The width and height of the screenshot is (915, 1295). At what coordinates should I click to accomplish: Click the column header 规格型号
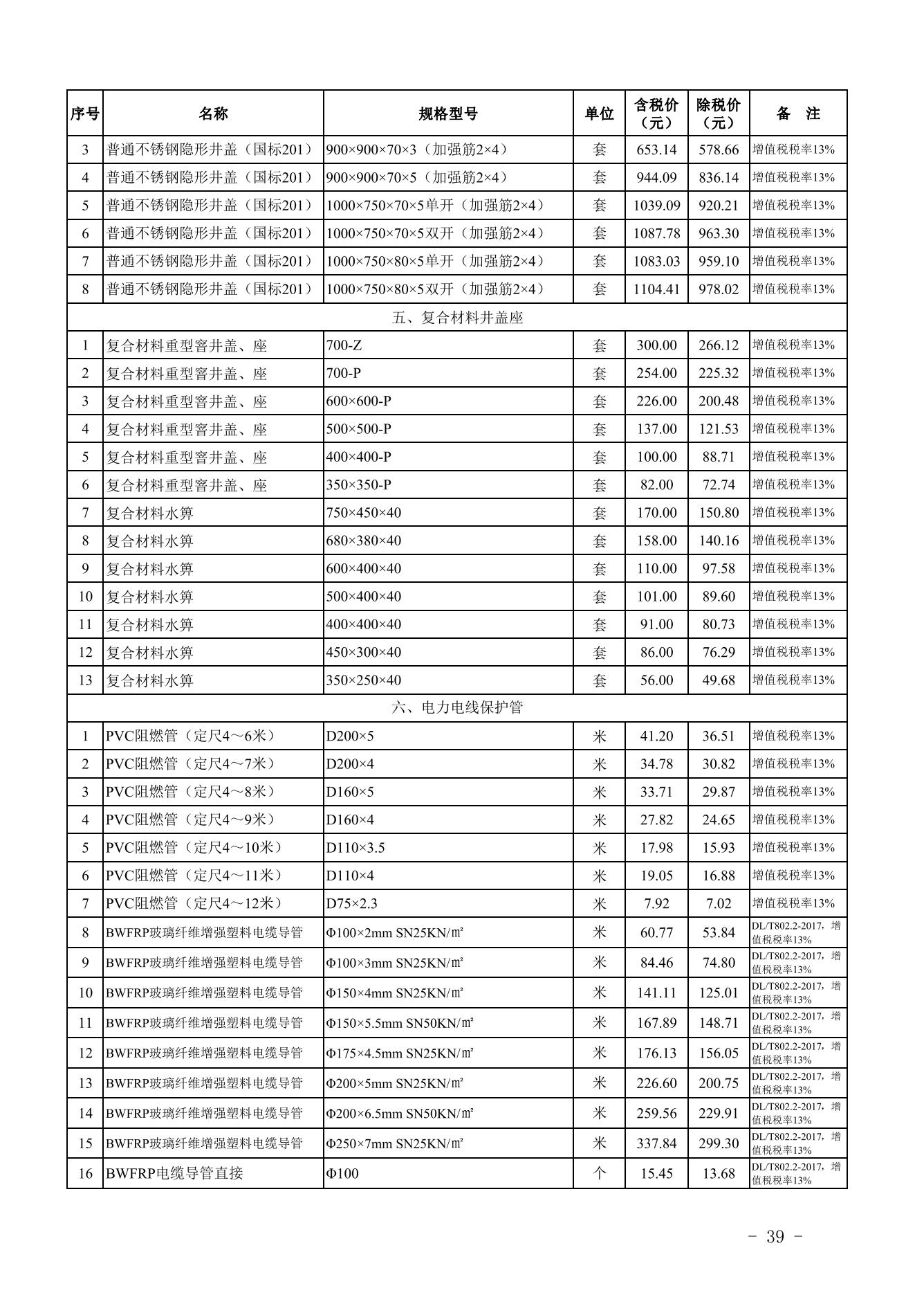coord(447,114)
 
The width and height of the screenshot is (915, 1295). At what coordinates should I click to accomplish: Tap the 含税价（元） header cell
coord(656,114)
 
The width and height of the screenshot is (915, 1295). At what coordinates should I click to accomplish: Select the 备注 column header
coord(797,114)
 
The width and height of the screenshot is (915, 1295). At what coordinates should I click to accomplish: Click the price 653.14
coord(656,150)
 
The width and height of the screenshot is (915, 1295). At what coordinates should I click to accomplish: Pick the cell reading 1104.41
coord(656,289)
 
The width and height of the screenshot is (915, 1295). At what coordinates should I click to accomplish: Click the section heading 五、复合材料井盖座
coord(456,318)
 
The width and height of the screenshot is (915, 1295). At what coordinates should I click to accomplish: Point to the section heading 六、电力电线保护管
coord(456,707)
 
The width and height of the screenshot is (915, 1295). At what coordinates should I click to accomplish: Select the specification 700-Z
coord(344,345)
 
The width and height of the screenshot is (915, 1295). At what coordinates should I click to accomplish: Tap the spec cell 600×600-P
coord(358,401)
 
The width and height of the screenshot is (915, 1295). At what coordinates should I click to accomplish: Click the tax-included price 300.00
coord(656,345)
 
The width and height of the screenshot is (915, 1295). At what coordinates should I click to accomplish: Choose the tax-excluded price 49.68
coord(719,680)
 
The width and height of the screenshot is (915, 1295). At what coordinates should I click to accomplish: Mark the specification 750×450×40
coord(364,513)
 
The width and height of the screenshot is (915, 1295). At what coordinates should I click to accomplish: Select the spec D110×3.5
coord(355,848)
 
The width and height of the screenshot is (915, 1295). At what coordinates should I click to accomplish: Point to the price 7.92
coord(656,903)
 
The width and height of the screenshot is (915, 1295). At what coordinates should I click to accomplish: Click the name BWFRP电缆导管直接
coord(174,1173)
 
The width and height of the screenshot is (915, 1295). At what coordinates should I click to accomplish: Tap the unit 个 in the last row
coord(599,1173)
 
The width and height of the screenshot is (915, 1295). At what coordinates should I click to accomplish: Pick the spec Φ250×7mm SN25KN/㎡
coord(394,1143)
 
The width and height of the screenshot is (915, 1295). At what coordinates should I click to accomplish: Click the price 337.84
coord(656,1143)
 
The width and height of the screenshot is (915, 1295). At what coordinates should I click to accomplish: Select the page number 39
coord(775,1237)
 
